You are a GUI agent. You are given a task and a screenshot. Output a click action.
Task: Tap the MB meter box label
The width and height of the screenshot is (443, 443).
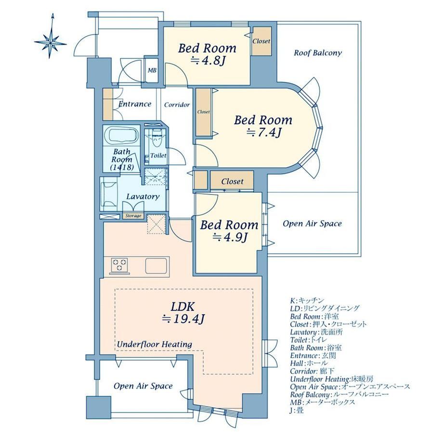pyautogui.click(x=152, y=70)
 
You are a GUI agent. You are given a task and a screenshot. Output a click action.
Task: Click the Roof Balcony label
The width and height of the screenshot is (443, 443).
pyautogui.click(x=318, y=53)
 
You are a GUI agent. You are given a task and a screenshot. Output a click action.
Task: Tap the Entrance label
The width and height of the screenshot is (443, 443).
pyautogui.click(x=135, y=104)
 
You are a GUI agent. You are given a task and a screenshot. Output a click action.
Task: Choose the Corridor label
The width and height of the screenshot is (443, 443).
pyautogui.click(x=177, y=105)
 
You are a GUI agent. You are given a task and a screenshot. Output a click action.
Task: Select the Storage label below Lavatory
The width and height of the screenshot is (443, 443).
pyautogui.click(x=133, y=216)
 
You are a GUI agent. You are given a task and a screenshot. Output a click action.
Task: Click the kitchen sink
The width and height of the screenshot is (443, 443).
pyautogui.click(x=156, y=266)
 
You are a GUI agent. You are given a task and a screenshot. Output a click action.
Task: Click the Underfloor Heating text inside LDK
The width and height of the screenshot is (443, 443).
pyautogui.click(x=155, y=344)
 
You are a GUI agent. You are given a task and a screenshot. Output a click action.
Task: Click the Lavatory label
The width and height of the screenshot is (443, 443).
pyautogui.click(x=143, y=196)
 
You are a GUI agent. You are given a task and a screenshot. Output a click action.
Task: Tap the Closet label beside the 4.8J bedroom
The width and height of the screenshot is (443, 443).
pyautogui.click(x=261, y=41)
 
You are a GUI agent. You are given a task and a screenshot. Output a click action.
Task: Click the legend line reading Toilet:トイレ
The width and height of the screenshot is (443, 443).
pyautogui.click(x=309, y=340)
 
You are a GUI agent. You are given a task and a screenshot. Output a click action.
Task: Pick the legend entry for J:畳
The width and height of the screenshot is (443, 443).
pyautogui.click(x=297, y=410)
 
